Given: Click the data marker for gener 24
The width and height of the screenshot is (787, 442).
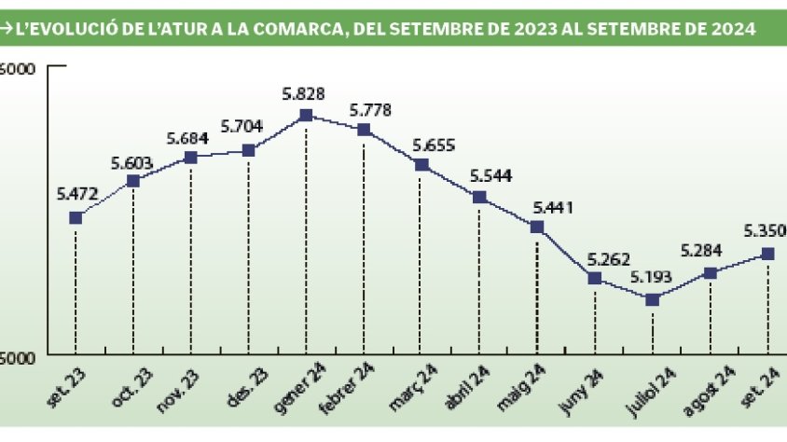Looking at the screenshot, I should [306, 116].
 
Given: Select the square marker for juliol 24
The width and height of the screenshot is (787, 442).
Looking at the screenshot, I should [653, 299].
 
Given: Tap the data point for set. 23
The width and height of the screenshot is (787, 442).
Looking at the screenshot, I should [76, 218].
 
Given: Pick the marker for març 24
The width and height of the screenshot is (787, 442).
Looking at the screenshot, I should [421, 165].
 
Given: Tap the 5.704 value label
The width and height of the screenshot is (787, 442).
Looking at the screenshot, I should [242, 127].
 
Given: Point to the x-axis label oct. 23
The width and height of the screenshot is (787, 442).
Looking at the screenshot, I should [132, 384].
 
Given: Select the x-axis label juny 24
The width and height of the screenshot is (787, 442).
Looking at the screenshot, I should [583, 384].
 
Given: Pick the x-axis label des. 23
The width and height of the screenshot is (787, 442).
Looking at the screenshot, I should [247, 384].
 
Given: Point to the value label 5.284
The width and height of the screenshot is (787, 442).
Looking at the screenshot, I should [705, 251].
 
